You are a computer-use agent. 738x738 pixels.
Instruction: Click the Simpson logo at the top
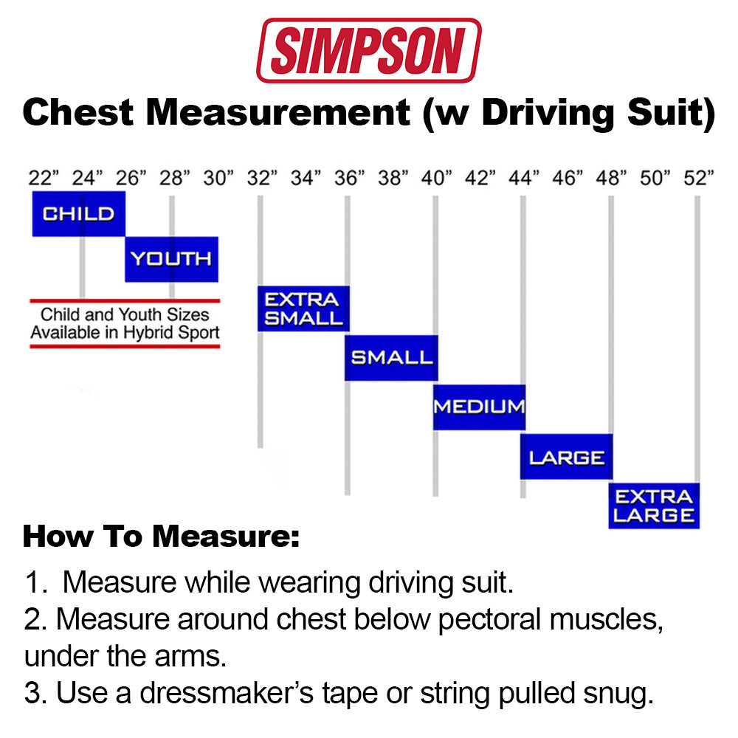tap(368, 50)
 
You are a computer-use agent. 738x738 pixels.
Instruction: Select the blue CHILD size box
tap(79, 214)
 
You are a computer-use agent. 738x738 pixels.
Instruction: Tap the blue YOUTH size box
tap(171, 259)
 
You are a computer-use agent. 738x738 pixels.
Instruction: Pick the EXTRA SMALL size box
tap(303, 308)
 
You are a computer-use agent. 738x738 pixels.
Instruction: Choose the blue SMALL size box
tap(391, 358)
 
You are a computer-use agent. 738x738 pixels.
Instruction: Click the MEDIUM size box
tap(479, 407)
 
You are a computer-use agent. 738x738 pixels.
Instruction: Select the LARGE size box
tap(566, 457)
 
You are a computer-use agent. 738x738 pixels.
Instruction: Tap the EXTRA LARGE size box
tap(654, 506)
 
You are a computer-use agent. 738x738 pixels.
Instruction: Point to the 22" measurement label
tap(44, 178)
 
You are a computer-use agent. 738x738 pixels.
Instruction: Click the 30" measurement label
tap(218, 178)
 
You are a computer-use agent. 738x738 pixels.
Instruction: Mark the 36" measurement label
tap(349, 178)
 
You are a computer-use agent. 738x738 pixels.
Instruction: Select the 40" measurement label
tap(436, 178)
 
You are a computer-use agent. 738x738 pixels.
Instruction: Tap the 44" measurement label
tap(524, 178)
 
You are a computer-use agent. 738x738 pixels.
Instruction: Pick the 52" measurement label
tap(699, 178)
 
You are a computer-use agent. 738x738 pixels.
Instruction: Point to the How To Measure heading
tap(161, 537)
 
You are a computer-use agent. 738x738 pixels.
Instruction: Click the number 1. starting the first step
tap(36, 583)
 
